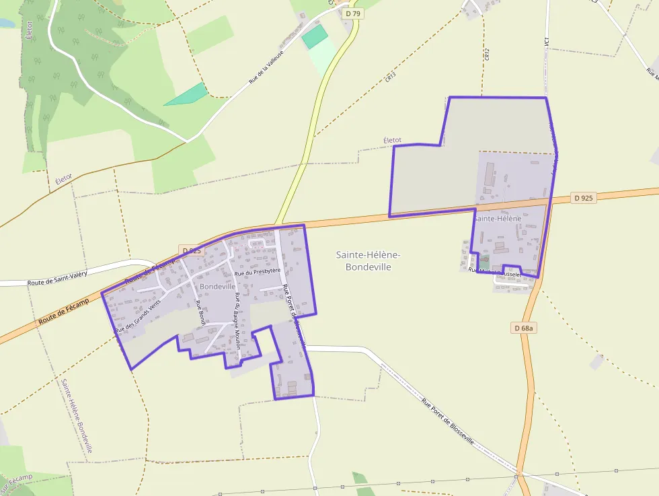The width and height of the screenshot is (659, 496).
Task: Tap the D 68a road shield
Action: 524,328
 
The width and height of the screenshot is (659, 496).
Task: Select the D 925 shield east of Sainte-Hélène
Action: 584,198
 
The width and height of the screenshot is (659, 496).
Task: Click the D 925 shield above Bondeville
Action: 191,250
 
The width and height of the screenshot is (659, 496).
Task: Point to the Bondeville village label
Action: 218,286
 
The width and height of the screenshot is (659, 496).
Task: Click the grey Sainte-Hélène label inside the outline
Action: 498,219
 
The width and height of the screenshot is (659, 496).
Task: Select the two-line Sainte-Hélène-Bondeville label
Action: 368,260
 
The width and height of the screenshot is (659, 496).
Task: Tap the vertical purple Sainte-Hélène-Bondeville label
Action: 77,415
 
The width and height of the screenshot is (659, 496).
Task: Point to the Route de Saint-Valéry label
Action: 57,278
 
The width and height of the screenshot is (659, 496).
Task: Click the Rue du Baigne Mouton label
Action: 237,320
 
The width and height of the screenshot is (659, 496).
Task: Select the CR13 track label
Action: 391,77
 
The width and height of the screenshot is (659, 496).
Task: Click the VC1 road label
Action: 547,42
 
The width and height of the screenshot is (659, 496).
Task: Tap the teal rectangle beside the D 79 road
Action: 315,37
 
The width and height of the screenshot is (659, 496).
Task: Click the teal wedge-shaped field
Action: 186,94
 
